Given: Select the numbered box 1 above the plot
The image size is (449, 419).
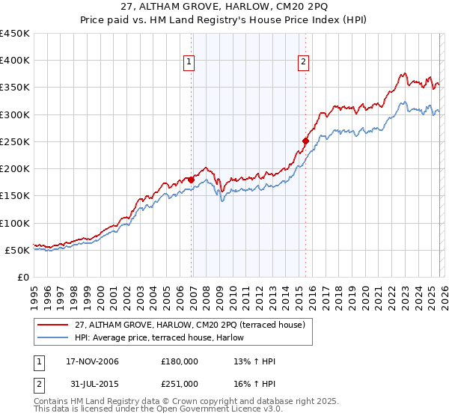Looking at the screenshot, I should coord(189,63).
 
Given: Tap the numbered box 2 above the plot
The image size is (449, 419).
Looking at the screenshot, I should coord(304,63).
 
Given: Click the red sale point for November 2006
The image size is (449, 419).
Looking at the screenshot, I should coord(192,180).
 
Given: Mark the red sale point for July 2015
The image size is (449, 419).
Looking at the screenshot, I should coord(306,141).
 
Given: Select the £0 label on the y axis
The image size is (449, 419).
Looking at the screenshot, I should coord(22,277).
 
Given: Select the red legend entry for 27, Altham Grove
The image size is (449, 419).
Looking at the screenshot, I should coord(189,325).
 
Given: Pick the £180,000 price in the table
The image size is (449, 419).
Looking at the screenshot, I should coord(180,361).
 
